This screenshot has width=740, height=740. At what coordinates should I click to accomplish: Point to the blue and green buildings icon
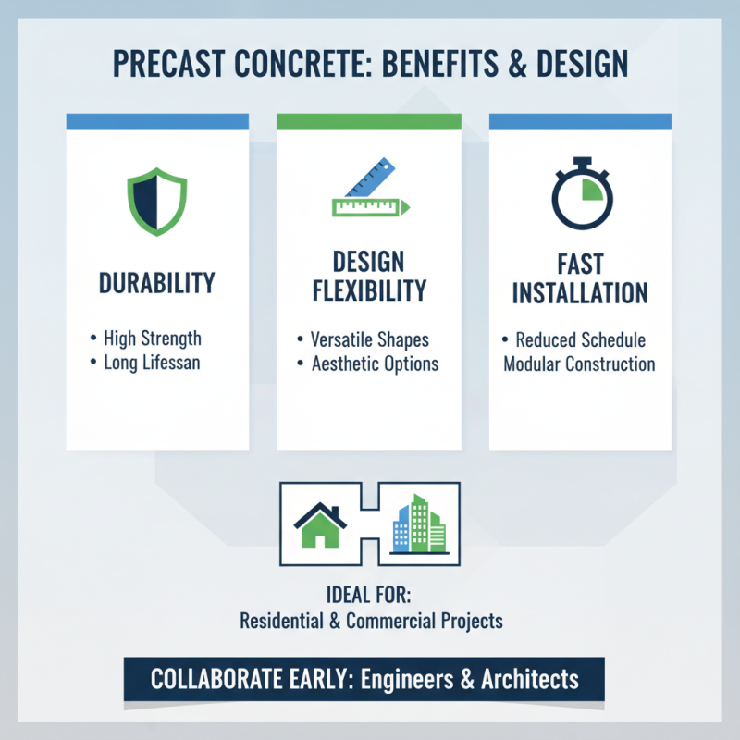point(419,524)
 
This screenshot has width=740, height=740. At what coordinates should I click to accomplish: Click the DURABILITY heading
point(156,281)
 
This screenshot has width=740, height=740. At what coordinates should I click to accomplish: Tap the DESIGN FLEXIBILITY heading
point(369,276)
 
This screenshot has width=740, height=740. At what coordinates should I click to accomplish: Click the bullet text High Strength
point(152,339)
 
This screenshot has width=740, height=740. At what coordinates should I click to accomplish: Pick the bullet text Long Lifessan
point(152,362)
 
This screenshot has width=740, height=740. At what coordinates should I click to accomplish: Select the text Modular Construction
point(579,364)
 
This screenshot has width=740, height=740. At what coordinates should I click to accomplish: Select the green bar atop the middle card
point(369,121)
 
